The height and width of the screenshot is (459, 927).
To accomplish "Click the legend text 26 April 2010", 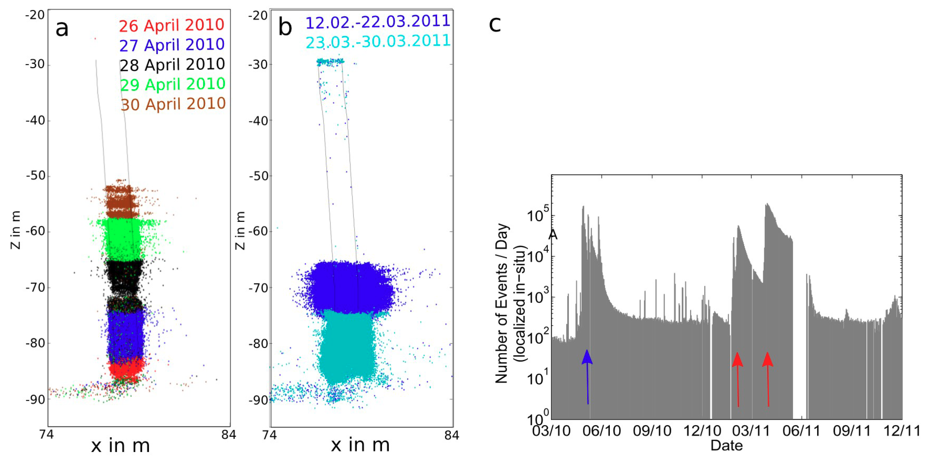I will tap(171, 25).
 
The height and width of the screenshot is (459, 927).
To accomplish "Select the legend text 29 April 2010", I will tap(172, 84).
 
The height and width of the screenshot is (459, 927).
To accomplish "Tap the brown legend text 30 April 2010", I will tap(173, 104).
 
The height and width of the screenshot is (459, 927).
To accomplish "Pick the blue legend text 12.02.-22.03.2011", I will tap(378, 22).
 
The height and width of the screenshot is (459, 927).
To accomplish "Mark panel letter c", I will tap(495, 24).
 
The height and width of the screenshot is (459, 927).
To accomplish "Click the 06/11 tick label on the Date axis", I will tap(801, 431).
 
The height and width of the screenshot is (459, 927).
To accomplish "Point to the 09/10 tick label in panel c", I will tap(652, 431).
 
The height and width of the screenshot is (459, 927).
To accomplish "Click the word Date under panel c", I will tap(727, 446).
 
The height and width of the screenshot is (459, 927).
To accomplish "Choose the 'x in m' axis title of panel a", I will tap(120, 446).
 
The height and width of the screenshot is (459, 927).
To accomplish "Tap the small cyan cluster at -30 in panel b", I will tap(330, 62).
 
